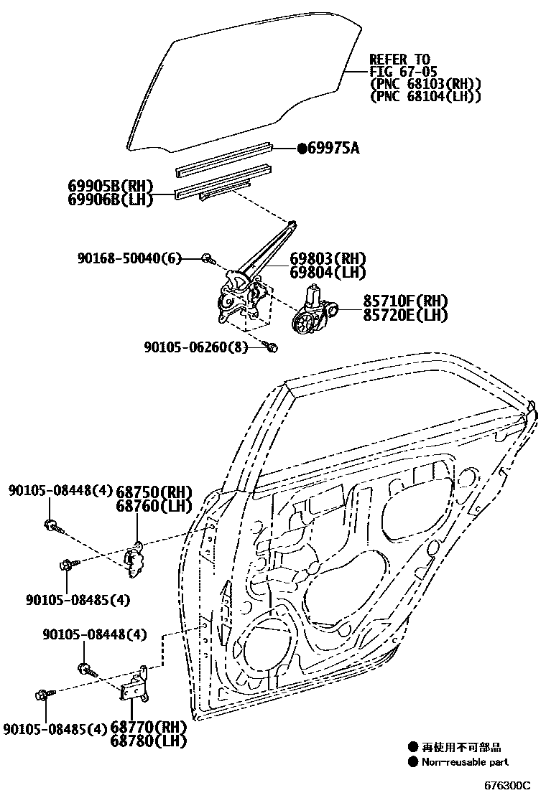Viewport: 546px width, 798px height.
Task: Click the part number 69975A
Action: pyautogui.click(x=333, y=149)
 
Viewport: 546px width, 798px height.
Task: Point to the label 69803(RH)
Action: pyautogui.click(x=328, y=259)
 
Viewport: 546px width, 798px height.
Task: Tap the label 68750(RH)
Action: pyautogui.click(x=154, y=492)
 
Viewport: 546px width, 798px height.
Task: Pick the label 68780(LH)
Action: pyautogui.click(x=149, y=741)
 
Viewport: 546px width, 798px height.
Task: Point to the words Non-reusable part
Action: pyautogui.click(x=465, y=762)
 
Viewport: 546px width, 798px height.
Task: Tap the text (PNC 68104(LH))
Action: pyautogui.click(x=425, y=96)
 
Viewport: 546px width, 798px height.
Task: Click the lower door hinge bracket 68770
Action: pyautogui.click(x=136, y=685)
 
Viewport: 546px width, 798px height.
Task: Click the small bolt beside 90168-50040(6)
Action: pyautogui.click(x=207, y=258)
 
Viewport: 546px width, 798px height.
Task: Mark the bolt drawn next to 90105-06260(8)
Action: pyautogui.click(x=272, y=347)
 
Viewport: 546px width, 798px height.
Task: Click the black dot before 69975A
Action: pyautogui.click(x=302, y=149)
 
